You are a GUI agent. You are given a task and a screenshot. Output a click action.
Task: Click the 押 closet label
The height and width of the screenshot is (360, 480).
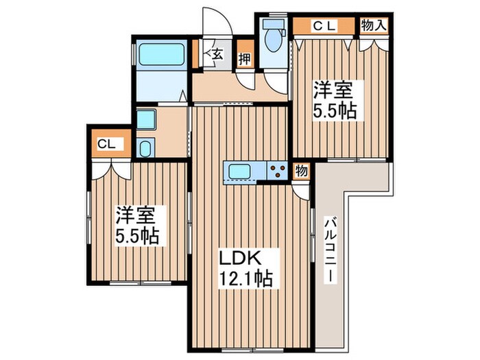click(243, 59)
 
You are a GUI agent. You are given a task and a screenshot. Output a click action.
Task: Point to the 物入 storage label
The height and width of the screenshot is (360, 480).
click(375, 26)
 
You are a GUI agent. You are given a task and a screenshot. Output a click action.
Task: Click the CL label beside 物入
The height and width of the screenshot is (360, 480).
click(324, 26)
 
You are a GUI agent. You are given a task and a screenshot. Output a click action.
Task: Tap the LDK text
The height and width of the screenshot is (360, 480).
click(238, 259)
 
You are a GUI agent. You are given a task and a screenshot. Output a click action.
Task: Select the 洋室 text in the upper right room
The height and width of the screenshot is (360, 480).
click(335, 89)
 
